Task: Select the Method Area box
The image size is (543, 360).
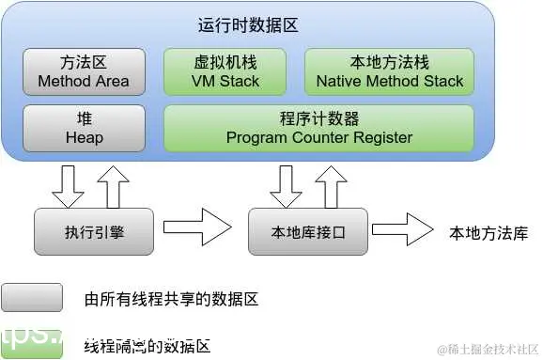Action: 84,71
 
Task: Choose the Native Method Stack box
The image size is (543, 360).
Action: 390,71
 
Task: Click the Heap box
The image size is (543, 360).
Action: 84,128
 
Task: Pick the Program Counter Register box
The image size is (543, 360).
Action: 318,128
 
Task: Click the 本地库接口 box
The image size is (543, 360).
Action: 307,231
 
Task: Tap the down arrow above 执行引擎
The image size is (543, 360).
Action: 68,185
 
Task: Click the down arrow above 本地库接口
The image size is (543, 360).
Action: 285,185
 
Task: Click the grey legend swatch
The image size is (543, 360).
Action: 32,299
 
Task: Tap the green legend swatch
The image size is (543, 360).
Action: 32,343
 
